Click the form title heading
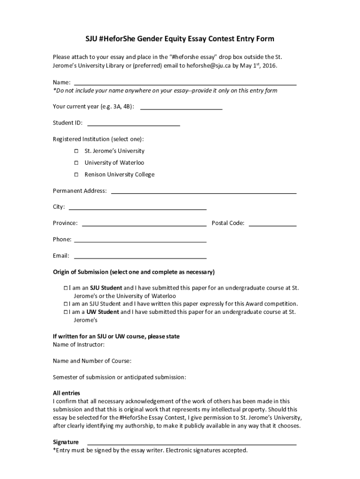click(180, 38)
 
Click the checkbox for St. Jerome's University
click(76, 151)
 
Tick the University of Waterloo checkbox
click(76, 163)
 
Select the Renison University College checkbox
click(76, 174)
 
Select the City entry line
click(137, 208)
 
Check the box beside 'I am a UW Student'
click(66, 312)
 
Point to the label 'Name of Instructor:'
click(79, 345)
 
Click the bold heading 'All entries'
click(66, 393)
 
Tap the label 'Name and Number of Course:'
click(92, 361)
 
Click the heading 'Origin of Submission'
click(134, 272)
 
